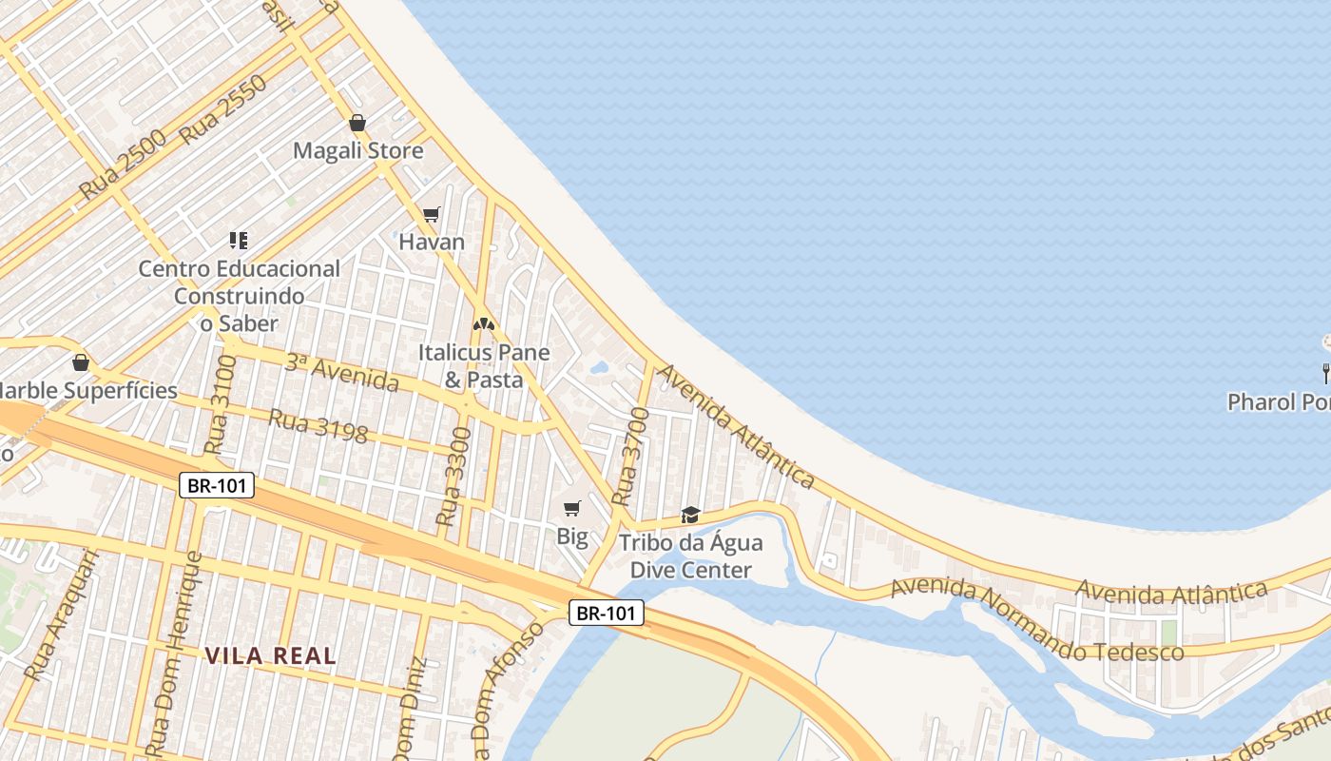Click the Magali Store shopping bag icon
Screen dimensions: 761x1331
coord(357,123)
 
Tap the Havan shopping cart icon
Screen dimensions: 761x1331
coord(432,215)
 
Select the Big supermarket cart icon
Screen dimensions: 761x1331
coord(571,509)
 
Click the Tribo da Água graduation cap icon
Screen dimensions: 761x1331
coord(690,516)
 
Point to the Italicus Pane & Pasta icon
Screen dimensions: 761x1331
coord(484,324)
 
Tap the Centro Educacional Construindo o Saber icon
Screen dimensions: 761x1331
coord(238,241)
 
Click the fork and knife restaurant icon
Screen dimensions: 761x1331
coord(1324,372)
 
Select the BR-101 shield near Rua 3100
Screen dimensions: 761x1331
coord(218,486)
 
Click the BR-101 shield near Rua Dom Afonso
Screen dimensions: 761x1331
coord(607,614)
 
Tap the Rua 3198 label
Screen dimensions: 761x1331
coord(318,426)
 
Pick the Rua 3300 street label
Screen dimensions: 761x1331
coord(453,478)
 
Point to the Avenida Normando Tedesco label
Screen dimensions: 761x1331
coord(1036,621)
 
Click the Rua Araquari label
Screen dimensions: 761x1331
coord(62,615)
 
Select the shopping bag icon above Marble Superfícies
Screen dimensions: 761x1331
coord(81,362)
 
